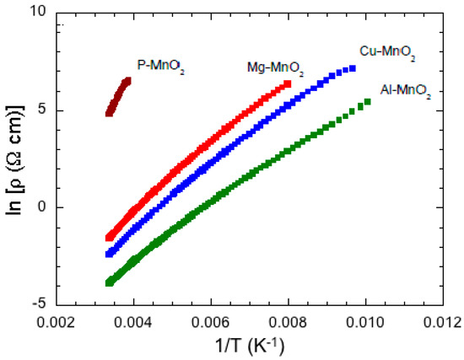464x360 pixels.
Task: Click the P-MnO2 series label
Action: [x=160, y=64]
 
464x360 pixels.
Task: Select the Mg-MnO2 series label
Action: [x=275, y=67]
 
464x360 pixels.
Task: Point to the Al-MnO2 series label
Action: [x=406, y=90]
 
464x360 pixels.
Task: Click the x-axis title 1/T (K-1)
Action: [x=251, y=347]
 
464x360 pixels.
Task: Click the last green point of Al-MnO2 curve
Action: [x=367, y=102]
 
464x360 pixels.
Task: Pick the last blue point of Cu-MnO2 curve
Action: [x=353, y=68]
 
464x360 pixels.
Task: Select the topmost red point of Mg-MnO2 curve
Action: [x=288, y=83]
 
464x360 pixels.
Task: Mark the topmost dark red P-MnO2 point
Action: [x=127, y=80]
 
